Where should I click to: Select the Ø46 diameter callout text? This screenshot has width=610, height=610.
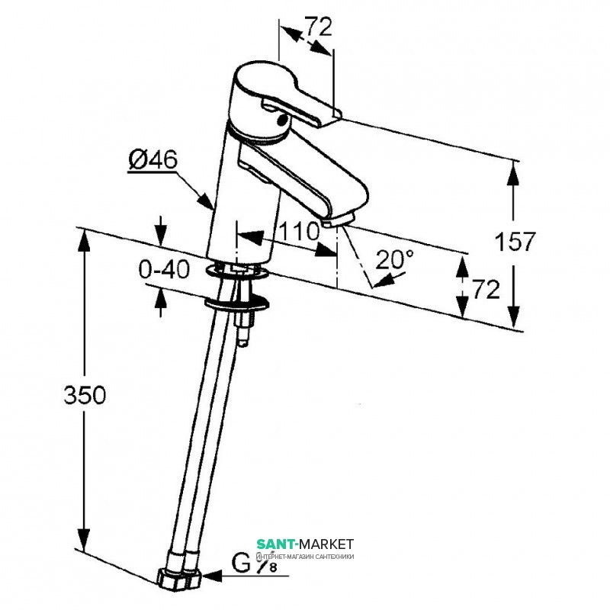point(152,160)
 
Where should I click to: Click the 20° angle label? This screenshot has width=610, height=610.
point(396,259)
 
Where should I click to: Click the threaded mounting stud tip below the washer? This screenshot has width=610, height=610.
point(242,341)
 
